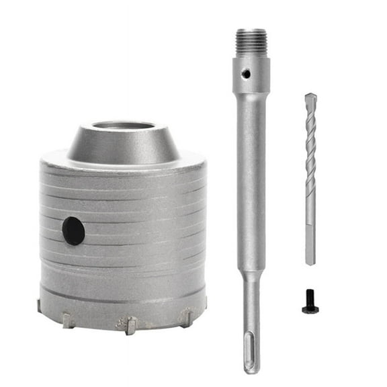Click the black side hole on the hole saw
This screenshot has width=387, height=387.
pyautogui.click(x=73, y=231)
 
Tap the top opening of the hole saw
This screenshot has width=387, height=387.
pyautogui.click(x=123, y=126)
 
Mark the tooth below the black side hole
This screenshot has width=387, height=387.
pyautogui.click(x=68, y=320)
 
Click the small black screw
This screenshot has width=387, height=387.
pyautogui.click(x=309, y=306)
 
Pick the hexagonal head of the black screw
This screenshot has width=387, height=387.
pyautogui.click(x=309, y=310)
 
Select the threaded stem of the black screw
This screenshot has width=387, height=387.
pyautogui.click(x=309, y=302)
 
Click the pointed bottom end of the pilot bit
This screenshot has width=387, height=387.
pyautogui.click(x=310, y=262)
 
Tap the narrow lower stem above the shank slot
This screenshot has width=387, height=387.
pyautogui.click(x=251, y=309)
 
